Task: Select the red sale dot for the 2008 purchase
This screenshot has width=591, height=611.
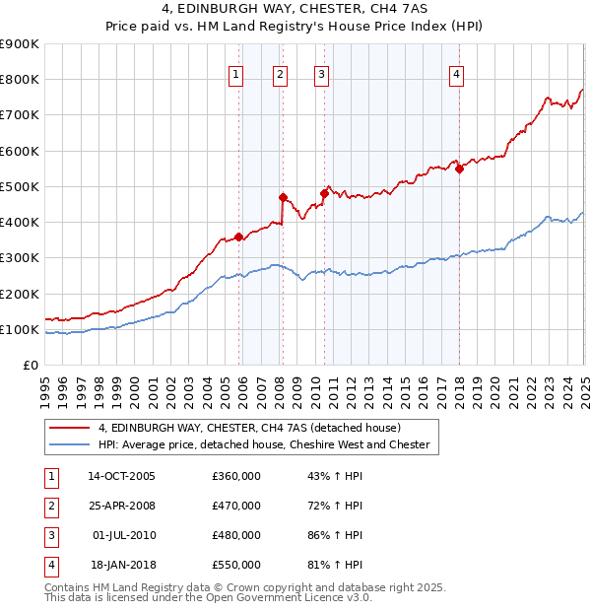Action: (283, 197)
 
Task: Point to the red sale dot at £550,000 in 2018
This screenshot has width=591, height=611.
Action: (459, 169)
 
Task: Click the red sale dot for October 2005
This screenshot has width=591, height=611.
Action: (238, 237)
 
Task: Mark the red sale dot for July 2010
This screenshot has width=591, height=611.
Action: (324, 193)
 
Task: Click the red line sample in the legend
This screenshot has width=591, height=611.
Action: (68, 428)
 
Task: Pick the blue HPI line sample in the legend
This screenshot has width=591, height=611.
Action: (68, 444)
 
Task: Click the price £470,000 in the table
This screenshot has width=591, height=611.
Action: (236, 506)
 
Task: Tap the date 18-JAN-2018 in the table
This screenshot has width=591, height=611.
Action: (122, 565)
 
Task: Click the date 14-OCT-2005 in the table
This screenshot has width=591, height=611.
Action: (122, 476)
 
